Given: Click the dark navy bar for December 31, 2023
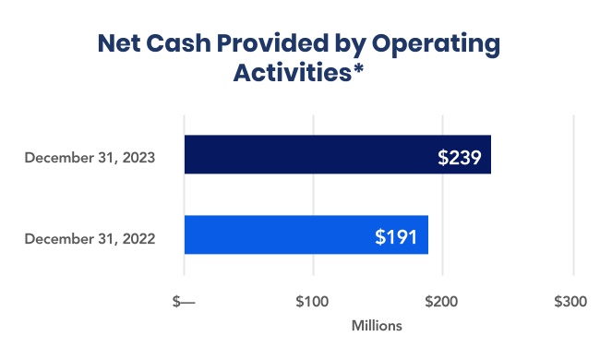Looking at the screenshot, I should click(305, 155).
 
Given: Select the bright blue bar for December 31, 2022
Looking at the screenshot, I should click(277, 235).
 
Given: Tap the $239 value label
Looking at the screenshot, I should click(459, 156).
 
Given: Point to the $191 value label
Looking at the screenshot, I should click(396, 236).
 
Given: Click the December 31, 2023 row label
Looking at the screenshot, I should click(90, 157).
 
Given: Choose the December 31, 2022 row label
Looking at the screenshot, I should click(90, 238).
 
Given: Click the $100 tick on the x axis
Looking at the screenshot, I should click(313, 302).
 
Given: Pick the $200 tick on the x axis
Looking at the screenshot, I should click(442, 302).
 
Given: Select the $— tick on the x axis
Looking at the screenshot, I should click(185, 302).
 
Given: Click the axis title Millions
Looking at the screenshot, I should click(377, 326).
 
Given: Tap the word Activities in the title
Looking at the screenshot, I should click(290, 73).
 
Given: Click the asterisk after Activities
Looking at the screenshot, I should click(356, 68).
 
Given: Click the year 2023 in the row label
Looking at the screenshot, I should click(138, 157).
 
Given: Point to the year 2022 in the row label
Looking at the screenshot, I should click(138, 238).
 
